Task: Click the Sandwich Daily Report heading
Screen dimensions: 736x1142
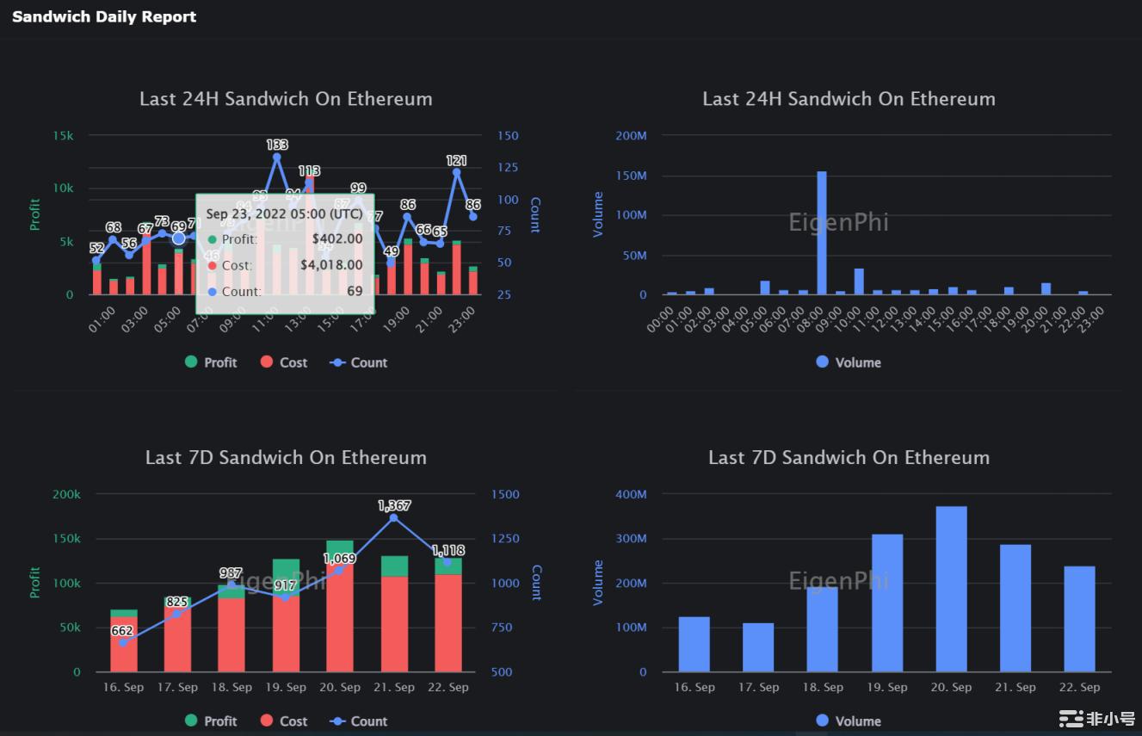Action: tap(104, 16)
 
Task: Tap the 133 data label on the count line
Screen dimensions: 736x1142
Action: tap(277, 145)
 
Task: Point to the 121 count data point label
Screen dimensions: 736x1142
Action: tap(456, 161)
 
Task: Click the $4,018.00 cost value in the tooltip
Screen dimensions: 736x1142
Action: tap(331, 265)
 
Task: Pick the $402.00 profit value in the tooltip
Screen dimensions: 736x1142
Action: tap(336, 239)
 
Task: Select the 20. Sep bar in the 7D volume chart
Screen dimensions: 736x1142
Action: tap(951, 589)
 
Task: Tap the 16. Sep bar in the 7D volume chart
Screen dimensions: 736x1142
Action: tap(694, 644)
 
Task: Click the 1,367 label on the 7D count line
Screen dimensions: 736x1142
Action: tap(394, 506)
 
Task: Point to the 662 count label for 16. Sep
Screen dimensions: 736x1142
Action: tap(122, 631)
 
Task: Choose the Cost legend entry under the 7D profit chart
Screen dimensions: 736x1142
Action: tap(283, 721)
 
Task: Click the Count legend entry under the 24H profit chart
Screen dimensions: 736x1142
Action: tap(359, 362)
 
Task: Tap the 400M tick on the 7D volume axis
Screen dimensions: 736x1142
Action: tap(631, 494)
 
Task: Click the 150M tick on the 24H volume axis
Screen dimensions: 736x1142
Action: tap(631, 176)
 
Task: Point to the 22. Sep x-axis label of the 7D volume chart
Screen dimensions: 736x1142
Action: tap(1079, 687)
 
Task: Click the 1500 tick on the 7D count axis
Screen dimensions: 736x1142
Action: tap(505, 494)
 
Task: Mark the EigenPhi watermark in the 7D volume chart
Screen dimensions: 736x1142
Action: tap(838, 582)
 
